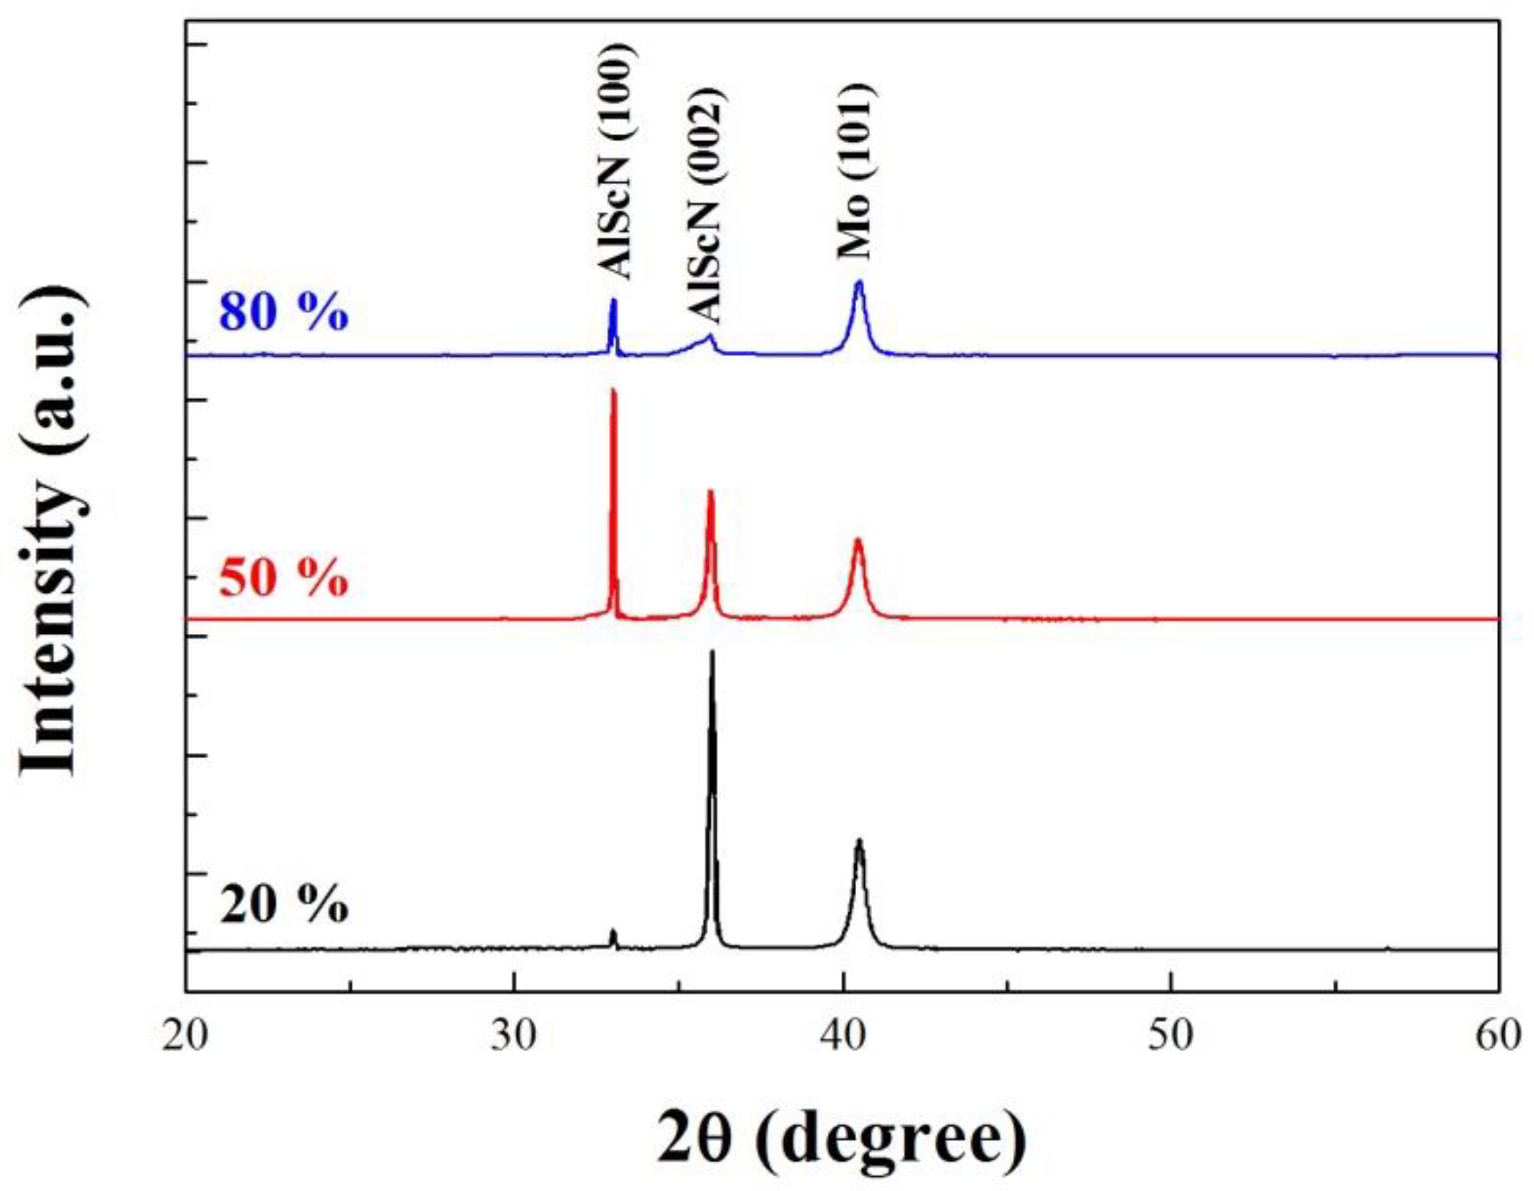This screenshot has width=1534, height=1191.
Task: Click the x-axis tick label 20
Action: pos(185,1037)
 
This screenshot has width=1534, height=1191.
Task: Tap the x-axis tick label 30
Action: pos(514,1037)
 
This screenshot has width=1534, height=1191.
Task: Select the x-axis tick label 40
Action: pos(843,1037)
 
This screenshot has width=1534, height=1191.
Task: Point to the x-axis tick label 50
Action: pos(1171,1037)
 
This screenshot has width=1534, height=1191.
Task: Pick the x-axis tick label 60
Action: pos(1497,1037)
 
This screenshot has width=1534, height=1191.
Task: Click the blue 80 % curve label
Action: pos(284,312)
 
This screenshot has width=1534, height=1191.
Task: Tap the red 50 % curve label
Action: pos(284,577)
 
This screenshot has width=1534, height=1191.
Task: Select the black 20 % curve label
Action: pos(284,905)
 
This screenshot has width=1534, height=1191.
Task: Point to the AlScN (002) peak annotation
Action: pos(704,205)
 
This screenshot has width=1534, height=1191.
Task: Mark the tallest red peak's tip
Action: pos(613,391)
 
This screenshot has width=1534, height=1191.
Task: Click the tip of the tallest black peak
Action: pos(712,652)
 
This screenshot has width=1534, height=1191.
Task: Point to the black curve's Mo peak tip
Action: pos(859,841)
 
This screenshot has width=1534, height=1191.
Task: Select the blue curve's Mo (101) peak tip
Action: pos(859,282)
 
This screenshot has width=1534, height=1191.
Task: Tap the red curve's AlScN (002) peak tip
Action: pos(710,492)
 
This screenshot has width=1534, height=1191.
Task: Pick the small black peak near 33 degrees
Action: pos(613,932)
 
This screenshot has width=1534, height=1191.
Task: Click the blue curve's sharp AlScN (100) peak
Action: pos(613,301)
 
